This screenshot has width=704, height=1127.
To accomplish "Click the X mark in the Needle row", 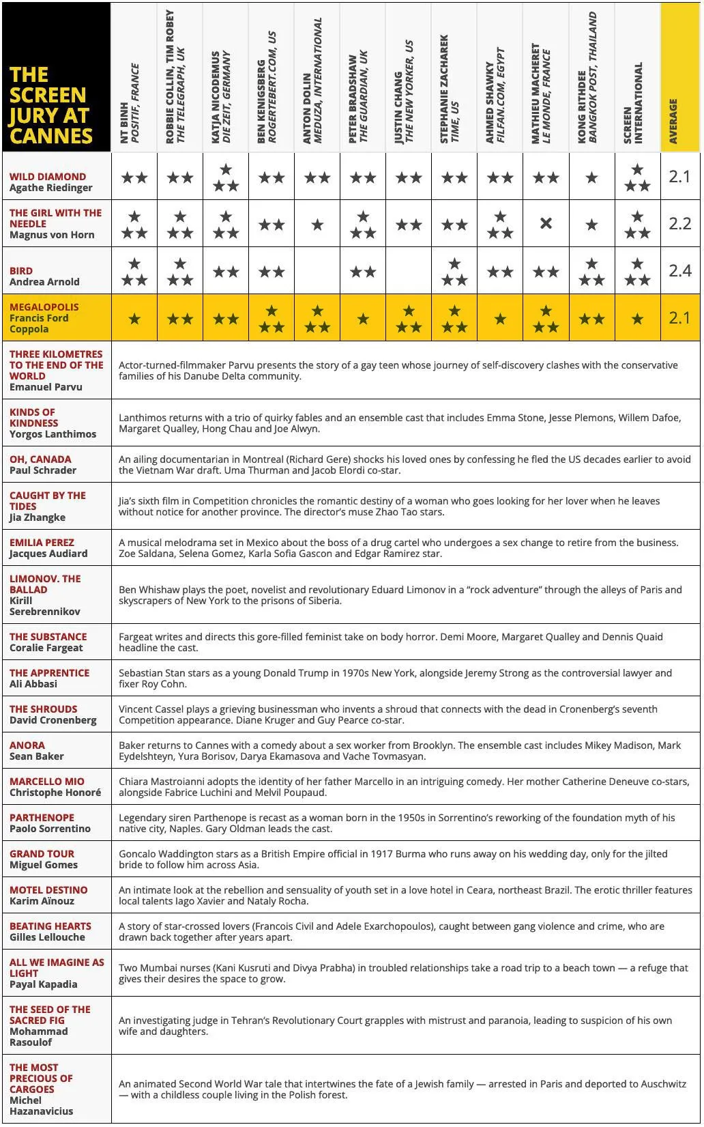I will tap(546, 223).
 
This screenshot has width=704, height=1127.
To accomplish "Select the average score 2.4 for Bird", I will tap(679, 271).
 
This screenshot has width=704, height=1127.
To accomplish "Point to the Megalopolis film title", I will tap(44, 307).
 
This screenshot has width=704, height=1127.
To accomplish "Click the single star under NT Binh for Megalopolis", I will tap(134, 319).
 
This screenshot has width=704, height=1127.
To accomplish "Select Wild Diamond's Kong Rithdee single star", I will tap(591, 177).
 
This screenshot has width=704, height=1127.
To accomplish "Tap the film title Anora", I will tap(27, 745).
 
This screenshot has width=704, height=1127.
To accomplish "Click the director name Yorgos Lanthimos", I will tap(53, 434).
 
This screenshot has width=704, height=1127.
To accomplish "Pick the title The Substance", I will tap(48, 637).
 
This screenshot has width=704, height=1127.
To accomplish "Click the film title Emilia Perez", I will tap(42, 543).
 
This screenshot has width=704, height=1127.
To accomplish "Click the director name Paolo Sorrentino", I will tap(50, 829).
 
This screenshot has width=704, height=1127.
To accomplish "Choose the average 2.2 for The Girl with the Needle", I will tap(679, 224).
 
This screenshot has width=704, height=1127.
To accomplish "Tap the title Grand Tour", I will tap(42, 854).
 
